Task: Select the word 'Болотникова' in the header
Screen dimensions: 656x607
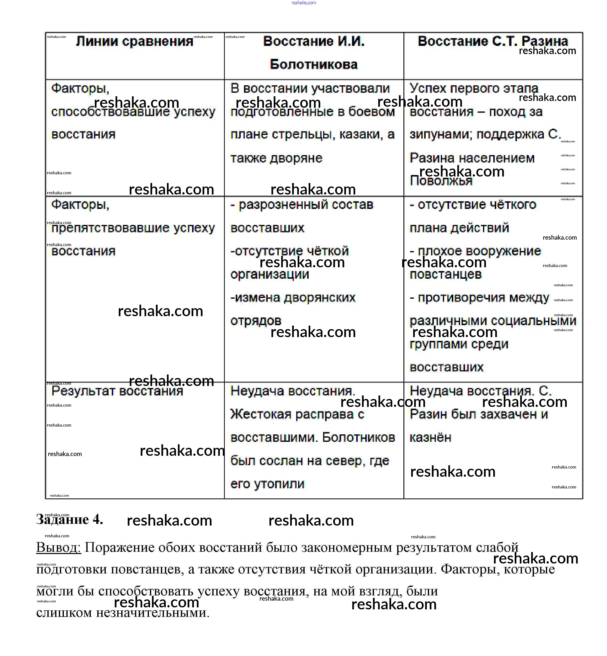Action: click(314, 64)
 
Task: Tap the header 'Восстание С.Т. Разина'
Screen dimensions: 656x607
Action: click(493, 41)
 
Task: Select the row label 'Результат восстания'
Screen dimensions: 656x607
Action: click(117, 391)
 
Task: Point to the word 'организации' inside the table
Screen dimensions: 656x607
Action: click(270, 275)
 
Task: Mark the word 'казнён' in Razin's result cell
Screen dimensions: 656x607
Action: click(430, 438)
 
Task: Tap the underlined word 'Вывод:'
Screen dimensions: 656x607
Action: click(58, 548)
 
